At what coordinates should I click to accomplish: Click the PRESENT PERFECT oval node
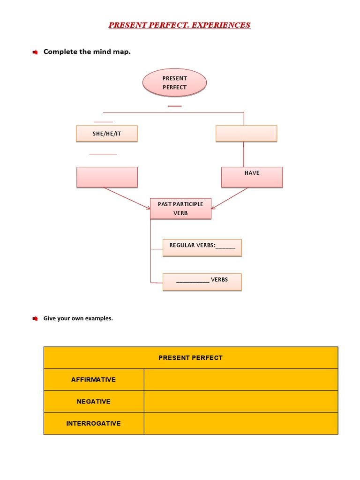(x=174, y=83)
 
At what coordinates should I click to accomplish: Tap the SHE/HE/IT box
(x=106, y=134)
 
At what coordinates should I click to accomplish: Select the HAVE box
(x=252, y=177)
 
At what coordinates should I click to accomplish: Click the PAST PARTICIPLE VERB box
(x=180, y=209)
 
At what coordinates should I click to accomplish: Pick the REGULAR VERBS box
(x=202, y=247)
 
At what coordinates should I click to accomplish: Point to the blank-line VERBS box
(x=202, y=281)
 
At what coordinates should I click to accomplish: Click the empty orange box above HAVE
(x=246, y=134)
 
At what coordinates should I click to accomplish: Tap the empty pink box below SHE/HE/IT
(x=107, y=177)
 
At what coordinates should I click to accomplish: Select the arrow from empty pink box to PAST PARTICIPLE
(x=127, y=197)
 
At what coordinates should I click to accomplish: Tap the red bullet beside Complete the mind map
(x=35, y=52)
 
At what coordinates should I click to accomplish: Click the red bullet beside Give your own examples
(x=35, y=319)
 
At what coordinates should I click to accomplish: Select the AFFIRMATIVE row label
(x=93, y=380)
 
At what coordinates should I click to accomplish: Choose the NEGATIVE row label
(x=93, y=402)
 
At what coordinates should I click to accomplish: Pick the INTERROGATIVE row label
(x=93, y=423)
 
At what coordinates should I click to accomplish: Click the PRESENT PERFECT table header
(x=190, y=358)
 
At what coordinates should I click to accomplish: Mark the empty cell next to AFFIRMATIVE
(x=240, y=380)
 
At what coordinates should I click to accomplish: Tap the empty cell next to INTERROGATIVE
(x=240, y=423)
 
